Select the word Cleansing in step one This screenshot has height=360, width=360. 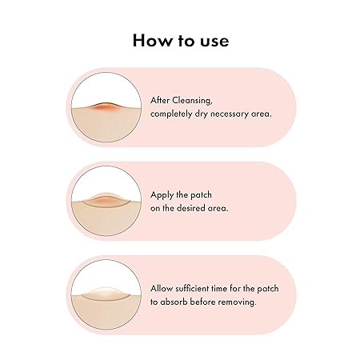192,101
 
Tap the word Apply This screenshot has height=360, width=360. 162,195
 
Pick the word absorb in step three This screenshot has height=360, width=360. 174,302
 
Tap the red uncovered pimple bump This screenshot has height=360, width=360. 106,106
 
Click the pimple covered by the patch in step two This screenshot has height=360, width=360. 106,200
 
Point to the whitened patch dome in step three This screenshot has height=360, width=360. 106,293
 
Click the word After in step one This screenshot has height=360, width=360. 160,101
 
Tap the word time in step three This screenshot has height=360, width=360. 219,289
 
